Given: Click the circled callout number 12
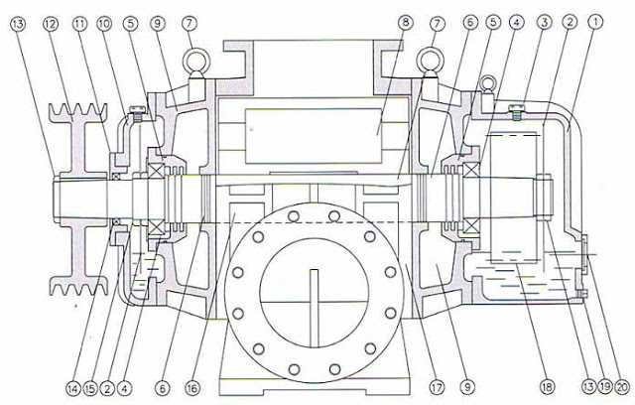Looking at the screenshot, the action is [51, 24].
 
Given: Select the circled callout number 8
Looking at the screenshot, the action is [405, 23].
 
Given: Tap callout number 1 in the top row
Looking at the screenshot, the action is [595, 22].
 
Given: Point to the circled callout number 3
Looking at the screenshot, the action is [545, 22].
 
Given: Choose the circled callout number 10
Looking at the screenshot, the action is [104, 24].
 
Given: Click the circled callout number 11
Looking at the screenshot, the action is [79, 24].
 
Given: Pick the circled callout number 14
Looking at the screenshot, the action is [73, 389].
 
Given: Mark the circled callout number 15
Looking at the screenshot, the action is [90, 389].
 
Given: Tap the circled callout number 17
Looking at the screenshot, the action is [437, 387].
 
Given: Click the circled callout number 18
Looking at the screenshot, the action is [547, 387].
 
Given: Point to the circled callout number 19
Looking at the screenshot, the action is [605, 387].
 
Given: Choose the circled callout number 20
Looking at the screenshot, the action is [622, 387].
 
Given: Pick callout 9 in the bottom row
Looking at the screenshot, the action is [467, 387].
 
